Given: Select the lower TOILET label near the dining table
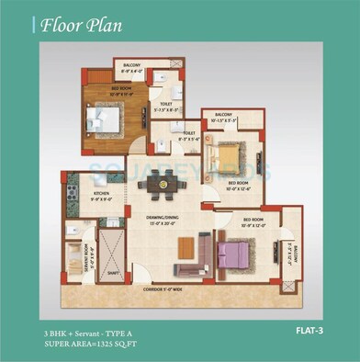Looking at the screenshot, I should click(187, 133).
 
